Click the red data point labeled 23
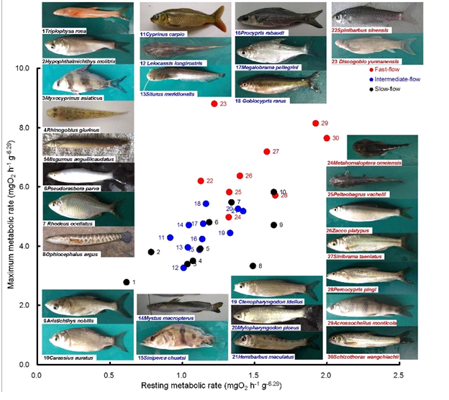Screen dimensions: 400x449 [x=214, y=104]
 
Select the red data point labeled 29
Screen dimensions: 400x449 [x=315, y=124]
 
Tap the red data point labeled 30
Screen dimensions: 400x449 [x=327, y=138]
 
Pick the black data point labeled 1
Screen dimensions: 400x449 [x=127, y=283]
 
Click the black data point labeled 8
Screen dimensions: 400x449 [x=253, y=266]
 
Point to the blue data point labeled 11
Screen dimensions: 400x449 [x=171, y=237]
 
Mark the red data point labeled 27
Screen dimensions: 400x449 [x=267, y=152]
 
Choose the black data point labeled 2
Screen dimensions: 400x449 [x=151, y=252]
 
